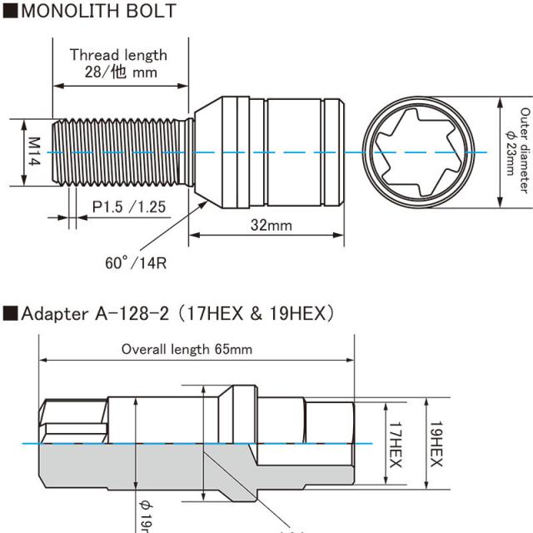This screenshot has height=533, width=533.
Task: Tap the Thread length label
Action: click(118, 55)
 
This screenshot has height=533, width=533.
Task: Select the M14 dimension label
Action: click(34, 152)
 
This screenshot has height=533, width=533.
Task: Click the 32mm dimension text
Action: click(271, 225)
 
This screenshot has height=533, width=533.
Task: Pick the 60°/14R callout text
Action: click(137, 263)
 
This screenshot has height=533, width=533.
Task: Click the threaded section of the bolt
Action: click(121, 152)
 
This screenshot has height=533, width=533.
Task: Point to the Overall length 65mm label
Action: click(187, 349)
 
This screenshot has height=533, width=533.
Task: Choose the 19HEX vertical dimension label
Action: click(435, 443)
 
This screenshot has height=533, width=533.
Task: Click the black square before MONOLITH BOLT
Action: click(9, 11)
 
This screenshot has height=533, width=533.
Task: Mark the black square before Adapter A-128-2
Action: click(9, 314)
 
